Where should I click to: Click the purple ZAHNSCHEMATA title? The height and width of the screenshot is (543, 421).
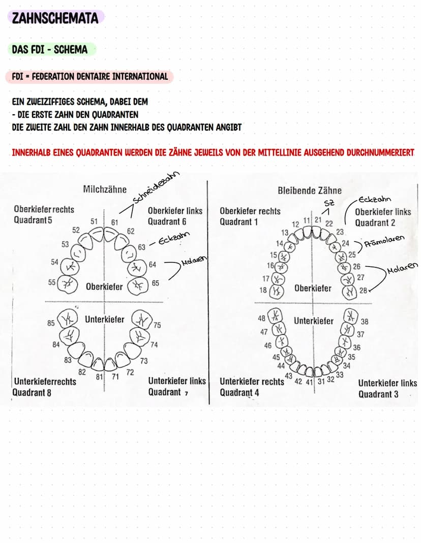coord(55,18)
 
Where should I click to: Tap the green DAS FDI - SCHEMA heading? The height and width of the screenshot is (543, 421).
coord(49,50)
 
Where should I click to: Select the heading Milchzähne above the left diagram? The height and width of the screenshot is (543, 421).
coord(104,189)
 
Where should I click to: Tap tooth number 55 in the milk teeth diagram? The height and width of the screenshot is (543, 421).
coord(52,282)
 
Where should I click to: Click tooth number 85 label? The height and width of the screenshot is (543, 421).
coord(51,323)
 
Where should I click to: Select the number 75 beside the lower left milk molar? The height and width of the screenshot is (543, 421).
coord(157,325)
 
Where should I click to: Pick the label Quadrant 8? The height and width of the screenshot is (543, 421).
coord(32,392)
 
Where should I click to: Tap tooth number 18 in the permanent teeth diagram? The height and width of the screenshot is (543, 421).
coord(263,290)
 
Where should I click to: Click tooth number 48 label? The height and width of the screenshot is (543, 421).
coord(262,318)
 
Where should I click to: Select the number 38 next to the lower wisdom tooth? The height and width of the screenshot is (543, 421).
coord(365,322)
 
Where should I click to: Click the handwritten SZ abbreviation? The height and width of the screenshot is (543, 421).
coord(328,203)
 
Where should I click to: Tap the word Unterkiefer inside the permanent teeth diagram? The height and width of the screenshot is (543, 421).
coord(314,321)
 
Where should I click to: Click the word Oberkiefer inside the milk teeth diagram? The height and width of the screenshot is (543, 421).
coord(104,286)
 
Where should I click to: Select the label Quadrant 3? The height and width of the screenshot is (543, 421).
coord(378,394)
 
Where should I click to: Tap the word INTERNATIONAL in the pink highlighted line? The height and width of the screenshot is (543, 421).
coord(139,77)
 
